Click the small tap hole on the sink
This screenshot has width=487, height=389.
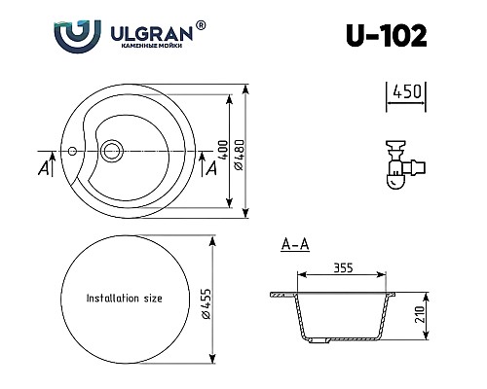coord(70,152)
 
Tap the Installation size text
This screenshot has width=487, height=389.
coord(125,298)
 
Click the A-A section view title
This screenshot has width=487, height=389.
coord(294,245)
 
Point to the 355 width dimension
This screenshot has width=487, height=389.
coord(341,265)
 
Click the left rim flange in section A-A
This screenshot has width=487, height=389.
coord(281,293)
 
